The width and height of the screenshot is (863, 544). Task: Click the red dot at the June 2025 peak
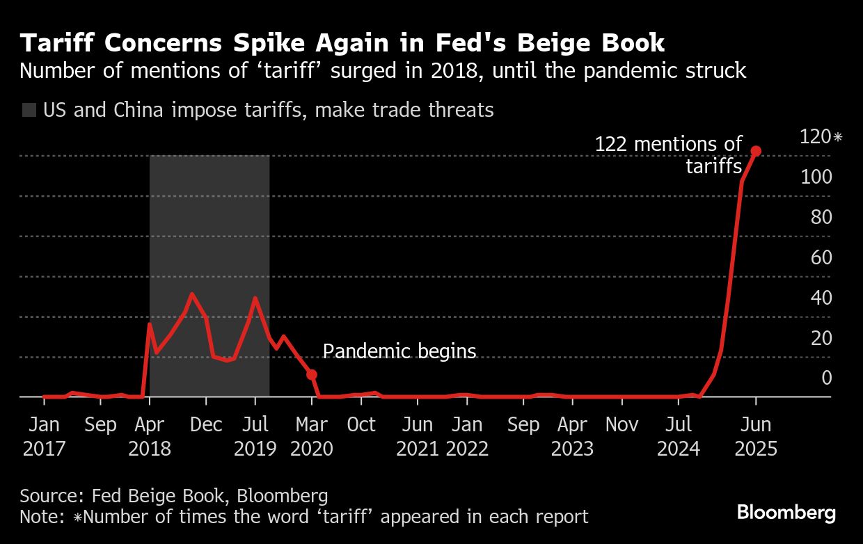click(756, 151)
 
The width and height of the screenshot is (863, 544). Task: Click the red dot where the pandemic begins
click(312, 374)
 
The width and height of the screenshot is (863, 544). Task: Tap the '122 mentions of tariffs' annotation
click(669, 155)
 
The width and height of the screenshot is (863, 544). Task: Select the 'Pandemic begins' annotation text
click(399, 351)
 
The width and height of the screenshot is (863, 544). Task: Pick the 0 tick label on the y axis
click(826, 378)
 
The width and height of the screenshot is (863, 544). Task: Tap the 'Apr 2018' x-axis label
click(150, 435)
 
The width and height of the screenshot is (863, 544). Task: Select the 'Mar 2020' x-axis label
click(312, 435)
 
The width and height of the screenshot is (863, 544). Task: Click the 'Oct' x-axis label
click(361, 424)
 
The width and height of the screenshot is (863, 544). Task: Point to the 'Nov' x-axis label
click(621, 424)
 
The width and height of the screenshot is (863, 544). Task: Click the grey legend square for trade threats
click(29, 110)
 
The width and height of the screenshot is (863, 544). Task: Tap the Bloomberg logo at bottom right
click(786, 513)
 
